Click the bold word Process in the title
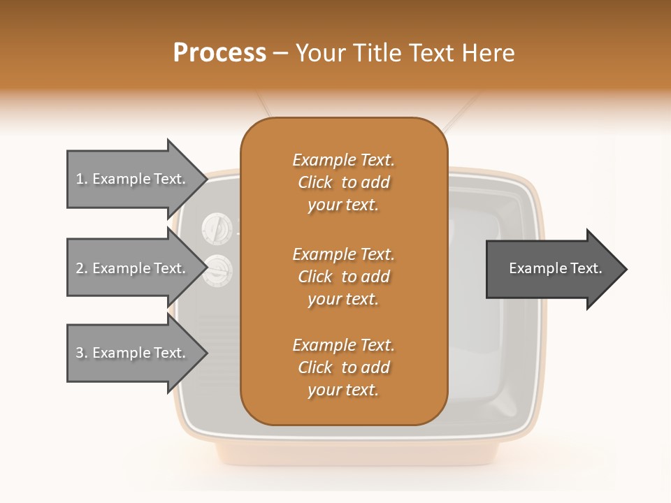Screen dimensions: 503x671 [219, 53]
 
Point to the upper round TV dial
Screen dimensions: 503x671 [216, 227]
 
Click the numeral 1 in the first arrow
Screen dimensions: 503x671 [80, 180]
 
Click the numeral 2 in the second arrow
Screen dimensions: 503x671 [80, 268]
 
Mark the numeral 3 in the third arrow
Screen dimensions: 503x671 [80, 353]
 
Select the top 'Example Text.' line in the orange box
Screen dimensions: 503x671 [343, 160]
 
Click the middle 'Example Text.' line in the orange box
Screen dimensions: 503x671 [343, 254]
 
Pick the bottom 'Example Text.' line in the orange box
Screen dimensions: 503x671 [343, 345]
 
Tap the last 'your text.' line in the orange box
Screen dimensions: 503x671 [343, 391]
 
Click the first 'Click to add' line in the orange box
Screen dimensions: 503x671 [343, 182]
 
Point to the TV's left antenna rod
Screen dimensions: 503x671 [264, 106]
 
